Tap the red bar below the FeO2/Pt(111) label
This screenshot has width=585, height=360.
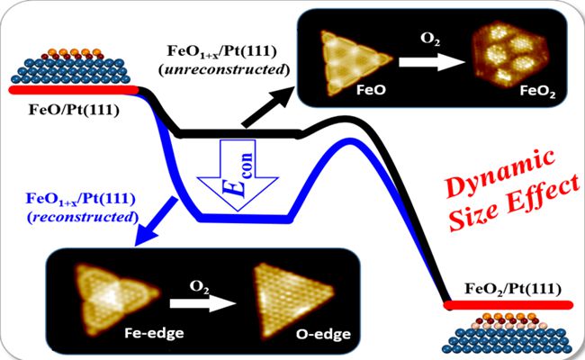508,305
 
